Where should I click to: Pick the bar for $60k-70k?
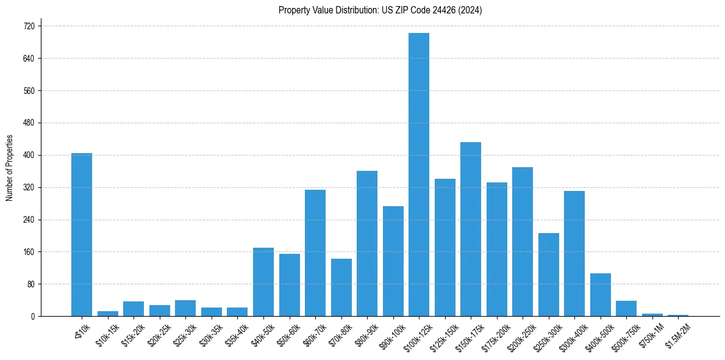click(315, 253)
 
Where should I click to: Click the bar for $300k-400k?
click(574, 254)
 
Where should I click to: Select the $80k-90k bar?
click(367, 243)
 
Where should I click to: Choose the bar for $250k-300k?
click(549, 275)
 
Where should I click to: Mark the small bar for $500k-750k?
click(626, 309)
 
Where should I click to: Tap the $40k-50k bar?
click(263, 282)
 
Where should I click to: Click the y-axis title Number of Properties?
click(9, 168)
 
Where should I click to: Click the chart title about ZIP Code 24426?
click(380, 10)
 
